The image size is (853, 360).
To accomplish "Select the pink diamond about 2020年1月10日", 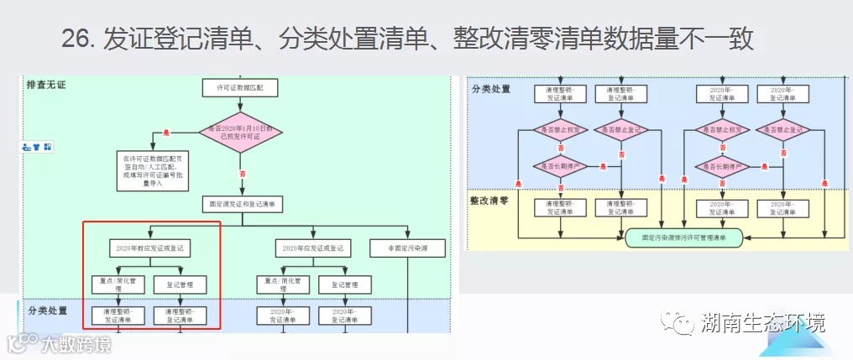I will pyautogui.click(x=240, y=133).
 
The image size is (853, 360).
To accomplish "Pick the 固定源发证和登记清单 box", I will pyautogui.click(x=243, y=204).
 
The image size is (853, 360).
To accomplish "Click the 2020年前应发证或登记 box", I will pyautogui.click(x=151, y=248).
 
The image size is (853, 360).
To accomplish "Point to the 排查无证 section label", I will pyautogui.click(x=47, y=86).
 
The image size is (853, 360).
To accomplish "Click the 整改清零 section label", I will pyautogui.click(x=492, y=201).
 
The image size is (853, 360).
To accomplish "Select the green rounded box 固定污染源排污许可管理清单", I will pyautogui.click(x=684, y=237).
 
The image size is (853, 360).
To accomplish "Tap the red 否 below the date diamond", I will pyautogui.click(x=243, y=174).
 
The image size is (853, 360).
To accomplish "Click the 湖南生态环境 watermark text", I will pyautogui.click(x=762, y=323).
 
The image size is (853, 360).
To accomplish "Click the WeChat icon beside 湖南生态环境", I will pyautogui.click(x=678, y=323).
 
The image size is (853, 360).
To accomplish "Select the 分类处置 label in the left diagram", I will pyautogui.click(x=48, y=311).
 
